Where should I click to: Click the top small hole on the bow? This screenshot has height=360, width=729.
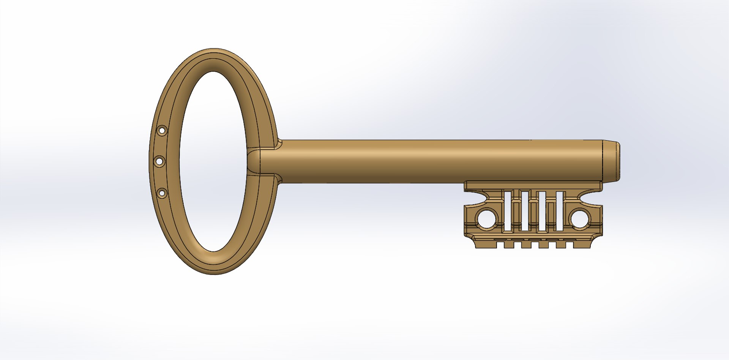162,131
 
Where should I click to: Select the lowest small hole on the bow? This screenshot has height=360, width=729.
162,193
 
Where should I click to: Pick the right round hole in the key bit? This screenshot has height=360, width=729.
580,219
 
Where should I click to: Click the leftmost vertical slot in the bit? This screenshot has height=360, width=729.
508,211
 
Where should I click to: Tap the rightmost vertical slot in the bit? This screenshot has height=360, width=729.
559,211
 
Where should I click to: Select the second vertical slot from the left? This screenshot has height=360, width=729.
525,211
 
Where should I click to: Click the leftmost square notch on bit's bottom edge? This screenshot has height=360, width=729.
500,245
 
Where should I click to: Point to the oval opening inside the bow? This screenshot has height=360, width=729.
214,161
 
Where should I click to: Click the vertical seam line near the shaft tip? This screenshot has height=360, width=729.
603,161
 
